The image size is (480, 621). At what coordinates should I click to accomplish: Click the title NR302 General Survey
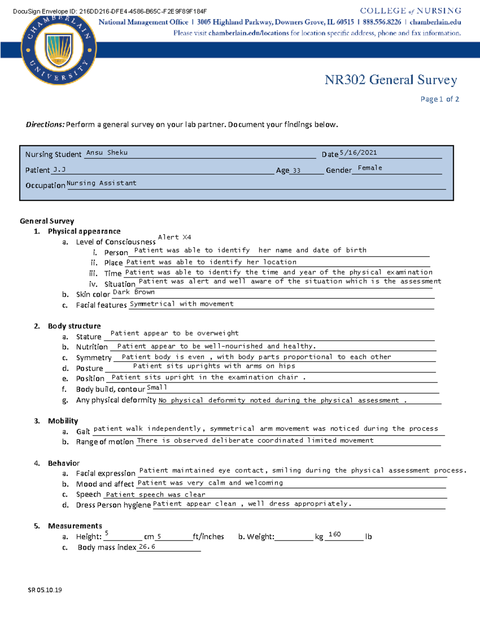390,80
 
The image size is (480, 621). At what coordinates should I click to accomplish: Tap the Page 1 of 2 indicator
439,99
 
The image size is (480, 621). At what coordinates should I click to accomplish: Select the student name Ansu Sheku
107,152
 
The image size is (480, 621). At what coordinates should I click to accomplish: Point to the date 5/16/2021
358,152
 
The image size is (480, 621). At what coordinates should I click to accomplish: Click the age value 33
296,171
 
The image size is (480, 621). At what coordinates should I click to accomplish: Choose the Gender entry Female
370,168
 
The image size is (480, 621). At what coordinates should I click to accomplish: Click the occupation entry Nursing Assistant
102,183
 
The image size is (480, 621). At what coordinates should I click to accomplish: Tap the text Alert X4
174,237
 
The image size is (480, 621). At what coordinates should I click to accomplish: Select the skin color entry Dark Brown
134,292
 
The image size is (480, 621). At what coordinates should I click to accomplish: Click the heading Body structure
74,326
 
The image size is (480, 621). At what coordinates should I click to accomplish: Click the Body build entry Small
157,387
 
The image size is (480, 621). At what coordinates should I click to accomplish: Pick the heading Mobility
63,421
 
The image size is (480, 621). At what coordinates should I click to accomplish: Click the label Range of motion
105,442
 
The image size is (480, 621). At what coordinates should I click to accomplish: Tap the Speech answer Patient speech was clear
156,495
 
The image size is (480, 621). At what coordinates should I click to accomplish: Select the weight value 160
334,534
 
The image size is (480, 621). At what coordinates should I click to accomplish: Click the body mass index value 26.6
147,547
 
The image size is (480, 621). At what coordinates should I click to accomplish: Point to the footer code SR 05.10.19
45,590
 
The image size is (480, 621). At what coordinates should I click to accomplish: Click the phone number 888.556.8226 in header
382,22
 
